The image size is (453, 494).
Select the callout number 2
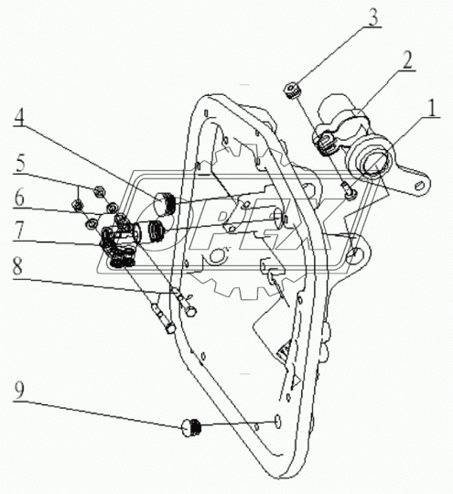click(x=407, y=60)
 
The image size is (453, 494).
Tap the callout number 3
click(x=372, y=17)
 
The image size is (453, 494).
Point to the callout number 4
click(x=18, y=116)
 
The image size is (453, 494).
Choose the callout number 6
click(x=19, y=198)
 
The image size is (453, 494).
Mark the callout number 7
click(x=19, y=231)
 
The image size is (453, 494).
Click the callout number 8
click(x=17, y=266)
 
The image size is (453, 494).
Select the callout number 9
click(x=19, y=392)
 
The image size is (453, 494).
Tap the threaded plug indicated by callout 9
click(x=191, y=427)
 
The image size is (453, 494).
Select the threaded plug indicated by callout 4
click(x=165, y=205)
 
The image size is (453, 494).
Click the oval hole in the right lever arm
click(x=419, y=185)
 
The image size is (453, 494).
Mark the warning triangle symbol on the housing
click(x=296, y=381)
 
